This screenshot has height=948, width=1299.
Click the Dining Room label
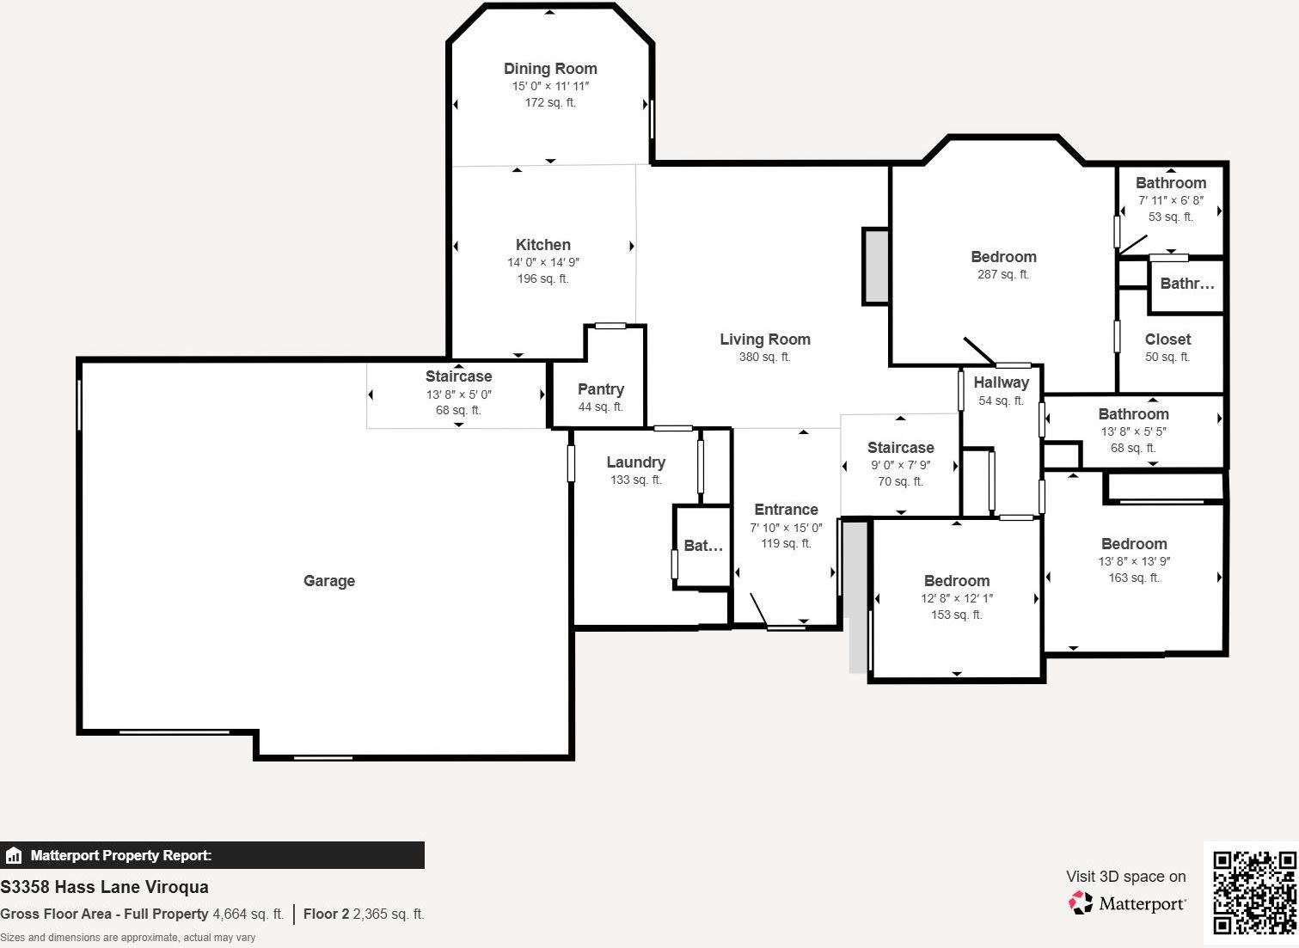point(549,69)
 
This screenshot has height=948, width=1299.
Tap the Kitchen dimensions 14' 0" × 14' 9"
point(542,262)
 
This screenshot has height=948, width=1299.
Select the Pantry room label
point(601,389)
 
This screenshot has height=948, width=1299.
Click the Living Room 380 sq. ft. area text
point(765,357)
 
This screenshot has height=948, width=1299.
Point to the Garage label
point(328,581)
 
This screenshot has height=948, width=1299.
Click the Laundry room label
point(635,462)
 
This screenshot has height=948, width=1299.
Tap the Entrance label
point(786,510)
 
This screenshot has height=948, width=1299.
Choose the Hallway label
point(1001,383)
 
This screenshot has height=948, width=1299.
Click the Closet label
point(1167,339)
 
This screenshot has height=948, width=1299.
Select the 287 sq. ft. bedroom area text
point(1003,274)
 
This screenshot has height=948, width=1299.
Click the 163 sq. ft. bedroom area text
point(1134,578)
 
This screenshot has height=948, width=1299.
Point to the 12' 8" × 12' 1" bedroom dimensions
point(956,598)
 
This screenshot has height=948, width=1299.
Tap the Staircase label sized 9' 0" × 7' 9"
point(901,448)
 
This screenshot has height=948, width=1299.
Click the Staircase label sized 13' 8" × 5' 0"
point(458,376)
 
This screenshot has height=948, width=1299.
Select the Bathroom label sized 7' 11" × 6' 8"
point(1170,183)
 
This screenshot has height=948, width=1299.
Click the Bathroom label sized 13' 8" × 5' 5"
point(1133,414)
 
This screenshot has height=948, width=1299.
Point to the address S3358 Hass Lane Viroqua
point(104,887)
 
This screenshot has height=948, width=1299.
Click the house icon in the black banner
point(14,855)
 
